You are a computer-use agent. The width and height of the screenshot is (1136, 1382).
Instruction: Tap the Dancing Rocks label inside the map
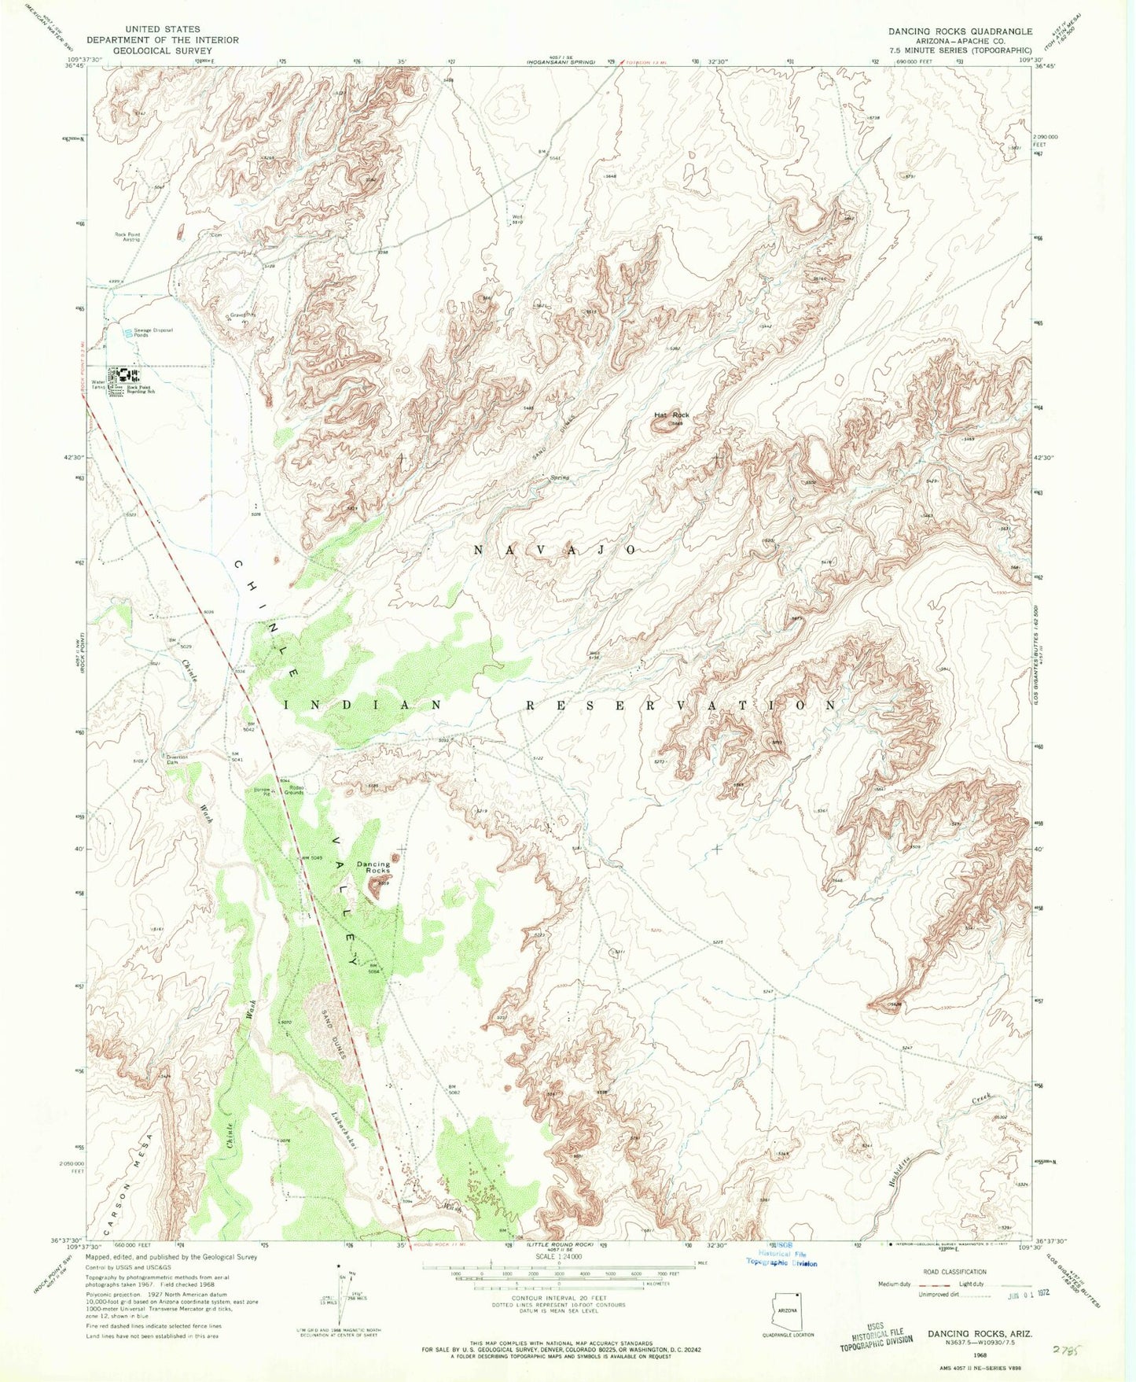373,868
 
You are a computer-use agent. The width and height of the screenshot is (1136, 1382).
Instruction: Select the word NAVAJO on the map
554,550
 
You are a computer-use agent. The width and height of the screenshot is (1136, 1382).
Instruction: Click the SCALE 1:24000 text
559,1278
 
